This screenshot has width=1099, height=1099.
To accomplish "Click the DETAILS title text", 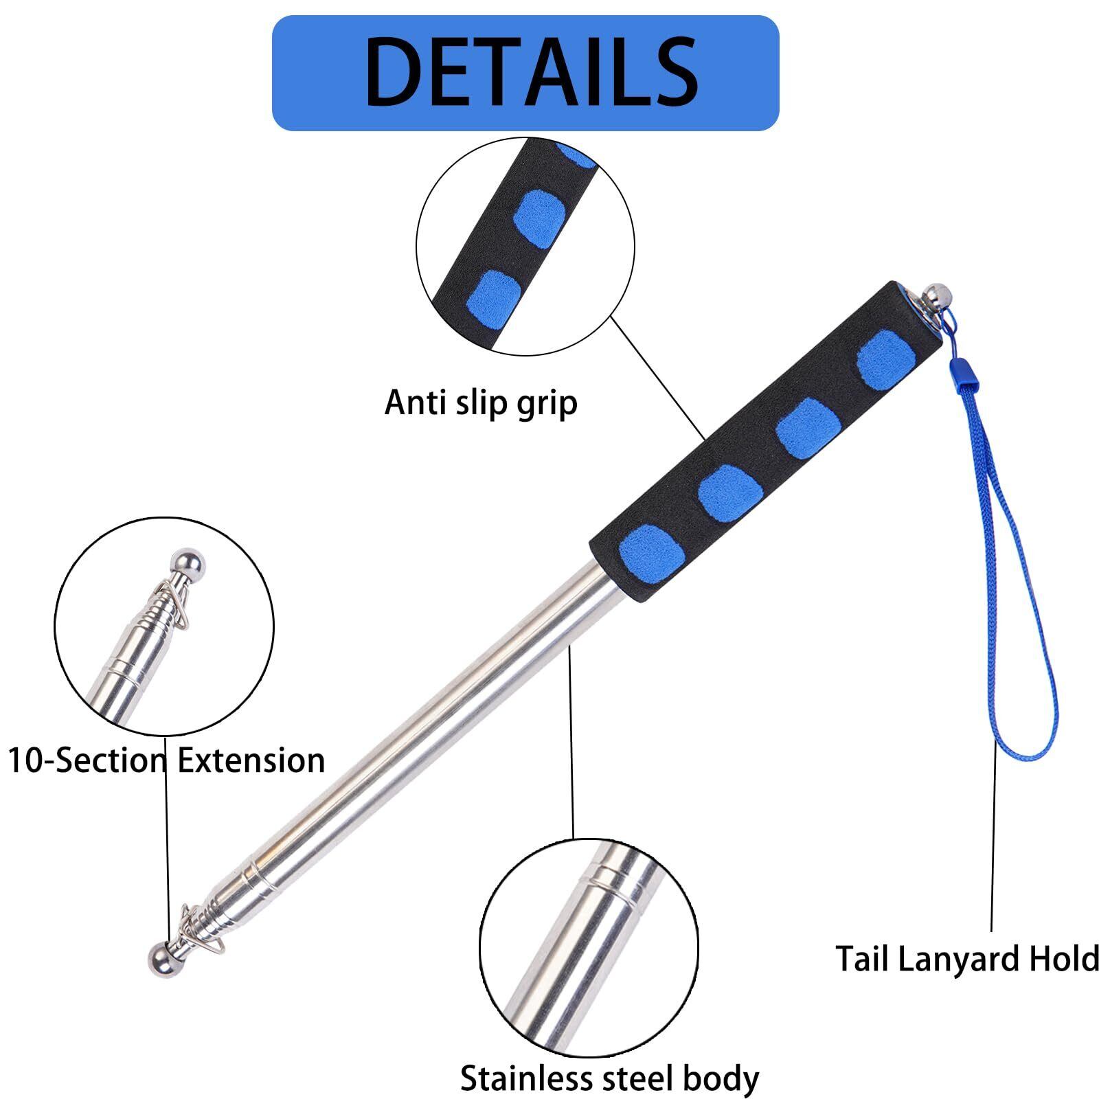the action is [x=532, y=72].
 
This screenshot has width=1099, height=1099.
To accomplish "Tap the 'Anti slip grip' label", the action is [x=481, y=403].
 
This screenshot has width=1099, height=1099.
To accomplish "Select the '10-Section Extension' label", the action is [x=166, y=760].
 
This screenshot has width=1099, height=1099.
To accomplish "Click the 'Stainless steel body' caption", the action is [x=609, y=1078].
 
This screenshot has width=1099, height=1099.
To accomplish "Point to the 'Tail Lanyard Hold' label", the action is [x=967, y=958].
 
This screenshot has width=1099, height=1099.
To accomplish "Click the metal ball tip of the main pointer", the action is [x=162, y=958].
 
